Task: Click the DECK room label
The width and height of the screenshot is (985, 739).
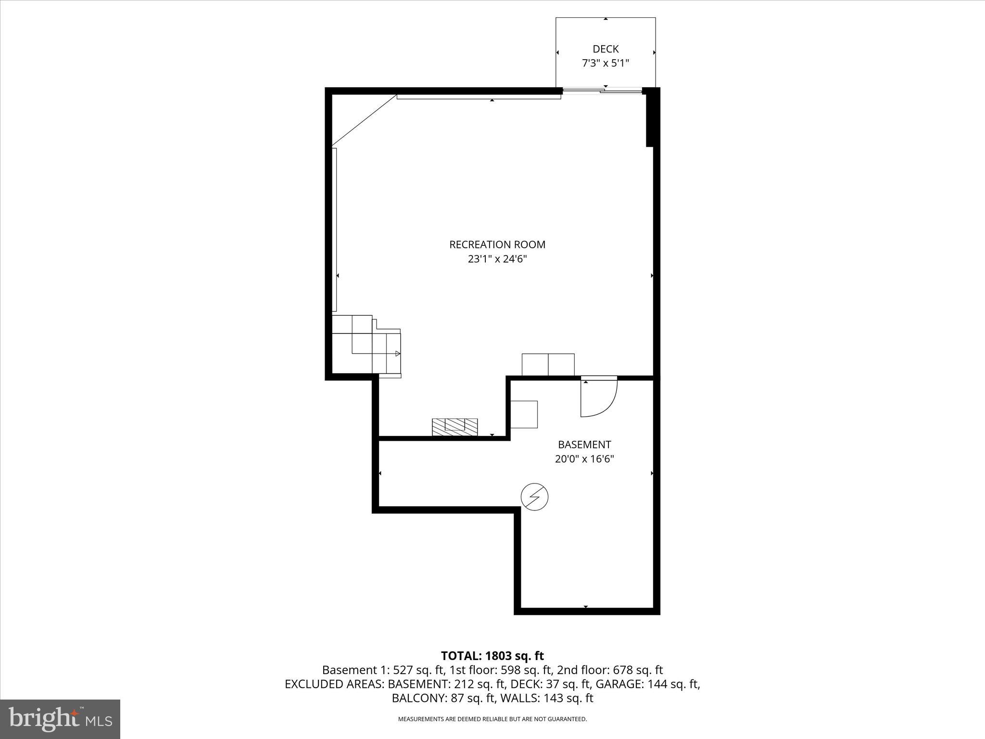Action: coord(606,49)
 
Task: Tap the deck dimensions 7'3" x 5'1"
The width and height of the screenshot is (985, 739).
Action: coord(606,63)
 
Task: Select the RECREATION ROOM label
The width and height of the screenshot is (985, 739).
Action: coord(497,244)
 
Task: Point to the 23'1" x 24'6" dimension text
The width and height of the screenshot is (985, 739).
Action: coord(497,259)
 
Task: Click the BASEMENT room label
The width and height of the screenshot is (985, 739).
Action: coord(584,445)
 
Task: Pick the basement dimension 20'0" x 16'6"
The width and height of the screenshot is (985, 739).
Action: coord(584,459)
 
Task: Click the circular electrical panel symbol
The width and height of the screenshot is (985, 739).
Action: coord(535,497)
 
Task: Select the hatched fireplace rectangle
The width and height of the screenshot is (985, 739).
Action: coord(455,427)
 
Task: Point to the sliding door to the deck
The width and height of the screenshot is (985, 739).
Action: coord(602,90)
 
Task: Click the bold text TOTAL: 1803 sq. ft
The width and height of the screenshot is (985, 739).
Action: coord(492,656)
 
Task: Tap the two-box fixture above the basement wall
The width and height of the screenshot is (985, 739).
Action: coord(548,365)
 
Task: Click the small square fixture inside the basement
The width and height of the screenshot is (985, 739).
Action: coord(524,414)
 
